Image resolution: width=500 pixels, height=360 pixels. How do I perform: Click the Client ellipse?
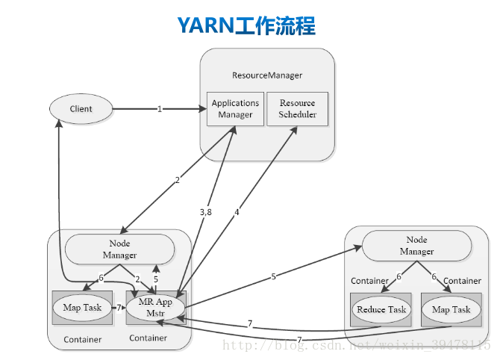[81, 109]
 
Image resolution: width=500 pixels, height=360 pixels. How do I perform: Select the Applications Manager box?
[235, 109]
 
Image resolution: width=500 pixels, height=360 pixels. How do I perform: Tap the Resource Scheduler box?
[297, 109]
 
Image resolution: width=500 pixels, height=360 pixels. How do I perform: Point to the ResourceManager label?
[267, 75]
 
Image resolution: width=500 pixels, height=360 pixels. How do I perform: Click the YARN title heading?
[246, 26]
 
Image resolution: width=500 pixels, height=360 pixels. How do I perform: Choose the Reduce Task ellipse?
[381, 309]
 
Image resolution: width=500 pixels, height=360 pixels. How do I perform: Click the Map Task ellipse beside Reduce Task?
[451, 309]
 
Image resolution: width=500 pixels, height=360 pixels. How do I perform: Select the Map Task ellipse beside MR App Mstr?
[82, 308]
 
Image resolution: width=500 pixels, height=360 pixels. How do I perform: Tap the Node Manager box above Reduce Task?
[416, 246]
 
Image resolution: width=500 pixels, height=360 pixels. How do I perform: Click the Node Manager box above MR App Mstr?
[119, 249]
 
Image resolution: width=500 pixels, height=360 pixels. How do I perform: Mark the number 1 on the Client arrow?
[160, 109]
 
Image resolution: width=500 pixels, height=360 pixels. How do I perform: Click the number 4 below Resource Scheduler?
[237, 212]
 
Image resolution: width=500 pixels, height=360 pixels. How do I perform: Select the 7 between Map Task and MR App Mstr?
[118, 308]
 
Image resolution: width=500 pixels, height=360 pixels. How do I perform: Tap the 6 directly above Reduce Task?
[399, 277]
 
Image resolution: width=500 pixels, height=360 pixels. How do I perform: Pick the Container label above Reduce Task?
[370, 281]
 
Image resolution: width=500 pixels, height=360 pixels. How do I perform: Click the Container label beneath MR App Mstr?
[148, 338]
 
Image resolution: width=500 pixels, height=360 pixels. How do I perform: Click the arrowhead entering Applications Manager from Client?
[203, 109]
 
